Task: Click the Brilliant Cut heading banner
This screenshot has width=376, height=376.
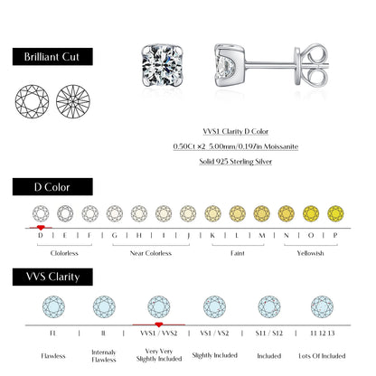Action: pos(52,56)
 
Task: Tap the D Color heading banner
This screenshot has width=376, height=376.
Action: pos(52,187)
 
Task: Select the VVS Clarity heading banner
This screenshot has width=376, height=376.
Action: pos(52,275)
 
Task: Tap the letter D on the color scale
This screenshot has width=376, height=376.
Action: pos(41,236)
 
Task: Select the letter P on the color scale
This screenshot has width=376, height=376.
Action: pos(334,236)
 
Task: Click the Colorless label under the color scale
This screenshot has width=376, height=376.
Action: pos(65,253)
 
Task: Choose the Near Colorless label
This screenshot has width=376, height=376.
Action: pos(150,253)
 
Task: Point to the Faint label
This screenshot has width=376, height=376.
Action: pos(237,253)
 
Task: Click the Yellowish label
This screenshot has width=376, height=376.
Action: pos(310,253)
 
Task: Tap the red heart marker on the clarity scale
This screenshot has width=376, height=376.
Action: pos(159,324)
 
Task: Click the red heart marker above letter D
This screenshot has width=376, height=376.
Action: pos(41,227)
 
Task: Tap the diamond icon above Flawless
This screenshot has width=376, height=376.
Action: pos(54,305)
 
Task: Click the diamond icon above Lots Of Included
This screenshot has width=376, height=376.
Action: pos(321,305)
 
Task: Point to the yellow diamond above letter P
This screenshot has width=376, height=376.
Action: pos(334,213)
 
